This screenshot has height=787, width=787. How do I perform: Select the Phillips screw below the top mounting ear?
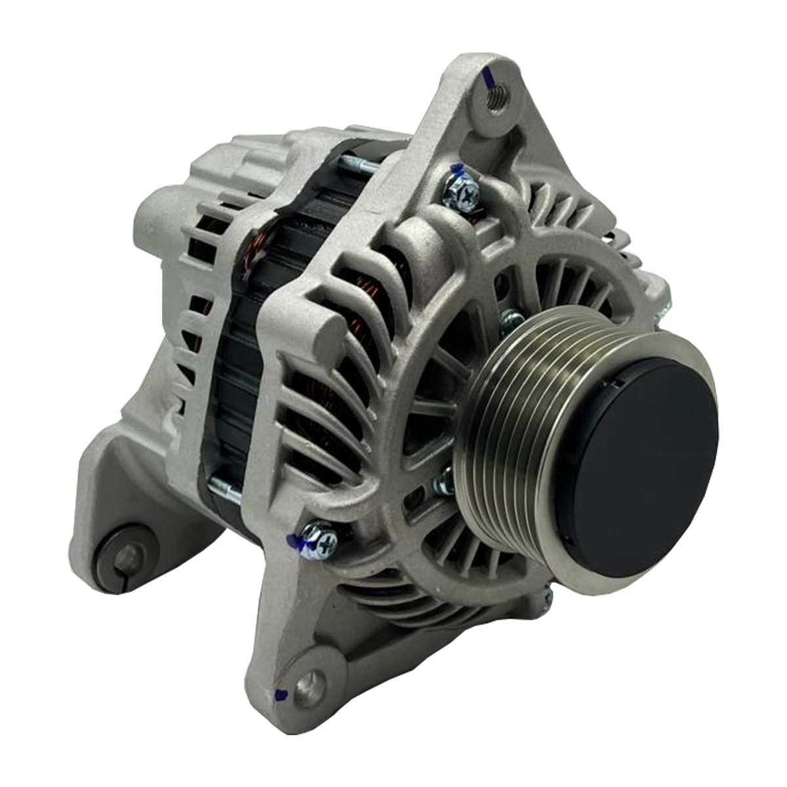(462, 190)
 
